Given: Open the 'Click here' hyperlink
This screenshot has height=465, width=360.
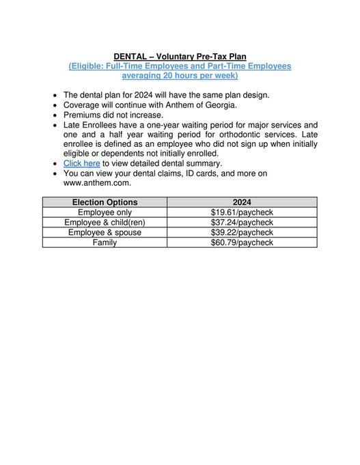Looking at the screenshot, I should [x=81, y=164].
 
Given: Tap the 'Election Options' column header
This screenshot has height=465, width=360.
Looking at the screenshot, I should [x=105, y=202].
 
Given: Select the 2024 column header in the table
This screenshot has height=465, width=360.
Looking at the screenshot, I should [x=242, y=202].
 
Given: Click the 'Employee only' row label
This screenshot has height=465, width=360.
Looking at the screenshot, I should [x=105, y=212].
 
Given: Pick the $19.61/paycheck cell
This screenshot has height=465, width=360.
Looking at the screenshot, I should [x=242, y=212].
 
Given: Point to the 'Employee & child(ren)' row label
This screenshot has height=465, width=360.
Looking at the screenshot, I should [x=105, y=223].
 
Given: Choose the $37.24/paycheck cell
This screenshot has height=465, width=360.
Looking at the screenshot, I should [x=242, y=223].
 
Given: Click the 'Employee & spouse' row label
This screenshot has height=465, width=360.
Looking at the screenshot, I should [x=105, y=233].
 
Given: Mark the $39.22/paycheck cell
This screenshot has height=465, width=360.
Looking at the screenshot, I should [x=242, y=233].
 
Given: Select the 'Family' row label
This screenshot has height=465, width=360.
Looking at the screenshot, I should [x=105, y=242].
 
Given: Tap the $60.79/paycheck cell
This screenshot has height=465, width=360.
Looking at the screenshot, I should [x=242, y=242].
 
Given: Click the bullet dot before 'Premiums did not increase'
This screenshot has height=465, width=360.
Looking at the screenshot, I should [x=55, y=115].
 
